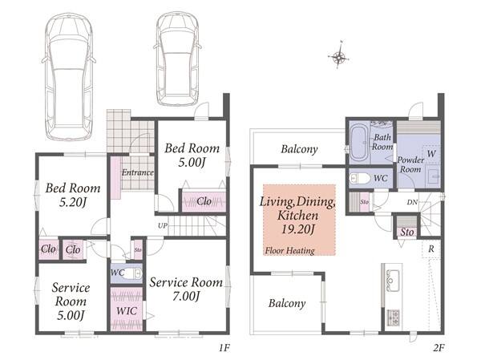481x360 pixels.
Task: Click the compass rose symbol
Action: click(338, 56)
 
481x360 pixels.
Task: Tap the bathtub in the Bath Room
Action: click(359, 143)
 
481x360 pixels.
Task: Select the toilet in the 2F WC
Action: click(360, 178)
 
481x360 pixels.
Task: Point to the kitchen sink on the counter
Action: click(393, 280)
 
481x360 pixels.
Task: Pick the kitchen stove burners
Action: click(393, 318)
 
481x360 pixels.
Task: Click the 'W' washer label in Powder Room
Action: click(431, 153)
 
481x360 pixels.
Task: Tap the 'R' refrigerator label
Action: click(431, 249)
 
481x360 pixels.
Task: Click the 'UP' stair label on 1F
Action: click(163, 225)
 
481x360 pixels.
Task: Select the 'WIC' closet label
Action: click(127, 311)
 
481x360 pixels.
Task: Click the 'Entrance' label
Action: click(138, 172)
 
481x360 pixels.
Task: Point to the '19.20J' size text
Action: click(298, 229)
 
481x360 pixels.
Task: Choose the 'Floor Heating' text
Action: click(290, 251)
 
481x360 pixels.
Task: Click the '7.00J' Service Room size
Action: click(186, 296)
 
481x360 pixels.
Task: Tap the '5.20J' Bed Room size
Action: click(73, 202)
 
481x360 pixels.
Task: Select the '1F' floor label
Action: click(224, 348)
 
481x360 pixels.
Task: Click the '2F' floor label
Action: click(439, 348)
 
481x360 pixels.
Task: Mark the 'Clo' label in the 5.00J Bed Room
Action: click(204, 201)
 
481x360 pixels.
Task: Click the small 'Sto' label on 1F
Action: click(138, 250)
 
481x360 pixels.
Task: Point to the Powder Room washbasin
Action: click(433, 176)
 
